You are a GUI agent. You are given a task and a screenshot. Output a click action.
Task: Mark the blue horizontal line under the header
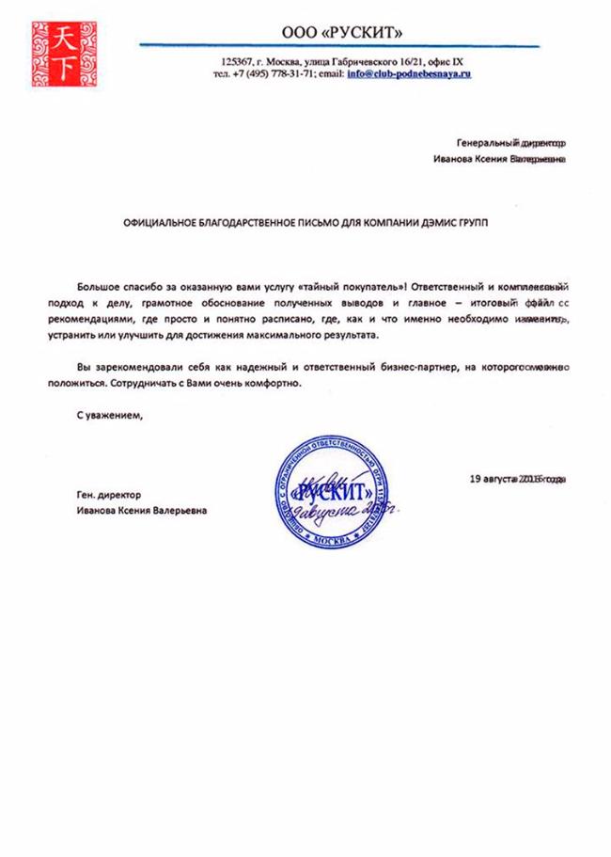pos(338,45)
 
